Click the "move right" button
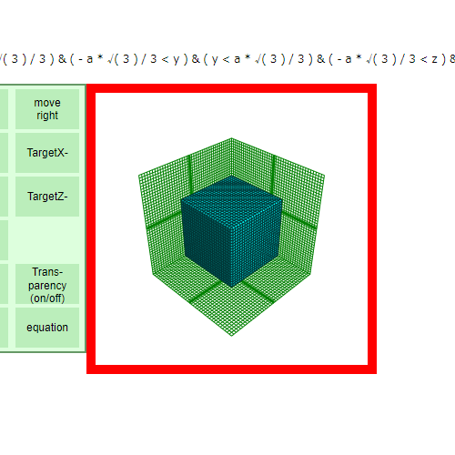[47, 109]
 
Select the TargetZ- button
[47, 197]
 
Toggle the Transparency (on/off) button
[47, 284]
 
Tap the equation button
[47, 328]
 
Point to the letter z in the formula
[434, 59]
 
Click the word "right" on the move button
[47, 116]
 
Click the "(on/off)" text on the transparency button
[47, 298]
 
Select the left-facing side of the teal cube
[207, 242]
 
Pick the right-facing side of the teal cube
[257, 242]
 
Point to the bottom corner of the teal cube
[232, 287]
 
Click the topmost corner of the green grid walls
[231, 138]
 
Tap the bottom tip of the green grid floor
[232, 336]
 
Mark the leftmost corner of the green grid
[138, 176]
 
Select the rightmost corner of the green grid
[325, 175]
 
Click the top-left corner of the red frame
[86, 85]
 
